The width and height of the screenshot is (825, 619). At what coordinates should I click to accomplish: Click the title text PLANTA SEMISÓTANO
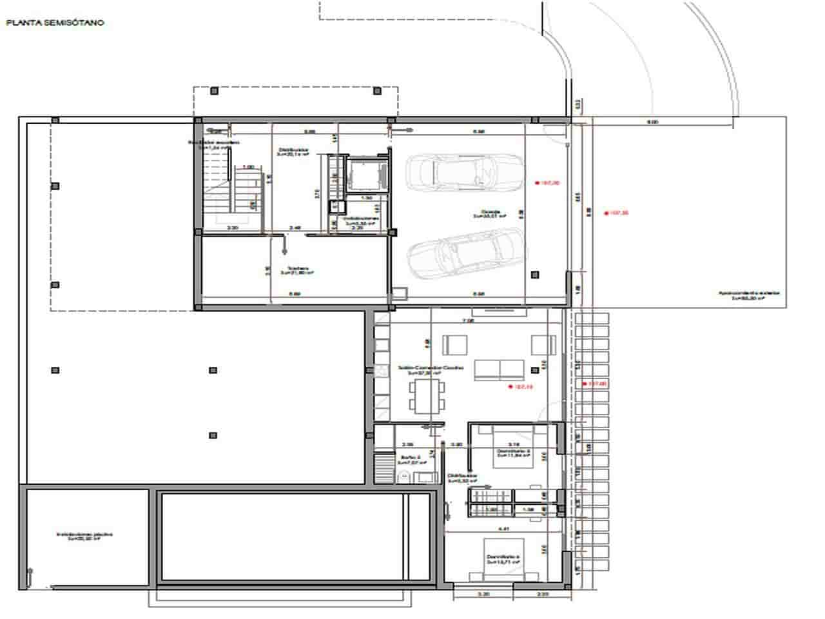(x=55, y=23)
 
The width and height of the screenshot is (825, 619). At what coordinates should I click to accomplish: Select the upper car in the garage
(x=464, y=172)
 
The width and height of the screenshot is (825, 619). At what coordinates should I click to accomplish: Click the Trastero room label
(x=297, y=271)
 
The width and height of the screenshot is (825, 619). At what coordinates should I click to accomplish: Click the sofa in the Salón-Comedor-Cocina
(x=499, y=369)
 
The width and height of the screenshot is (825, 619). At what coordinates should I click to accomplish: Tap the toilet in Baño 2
(x=404, y=477)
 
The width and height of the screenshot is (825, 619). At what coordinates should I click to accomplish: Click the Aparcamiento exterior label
(x=749, y=295)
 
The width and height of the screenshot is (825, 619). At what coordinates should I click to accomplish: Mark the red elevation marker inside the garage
(x=547, y=183)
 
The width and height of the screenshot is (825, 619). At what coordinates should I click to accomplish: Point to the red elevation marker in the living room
(x=521, y=387)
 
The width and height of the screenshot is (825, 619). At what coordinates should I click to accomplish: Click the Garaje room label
(x=490, y=214)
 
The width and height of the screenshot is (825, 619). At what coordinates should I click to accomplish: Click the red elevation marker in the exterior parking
(x=616, y=213)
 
